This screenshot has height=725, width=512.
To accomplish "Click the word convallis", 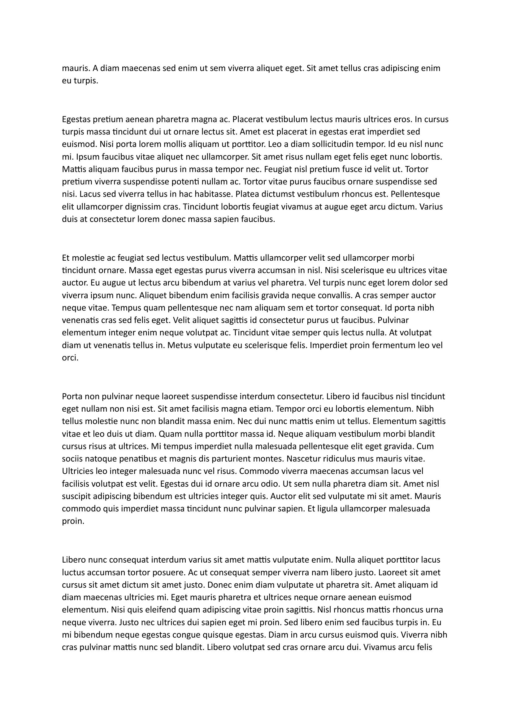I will pyautogui.click(x=331, y=295).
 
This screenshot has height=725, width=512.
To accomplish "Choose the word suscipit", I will pyautogui.click(x=76, y=496).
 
